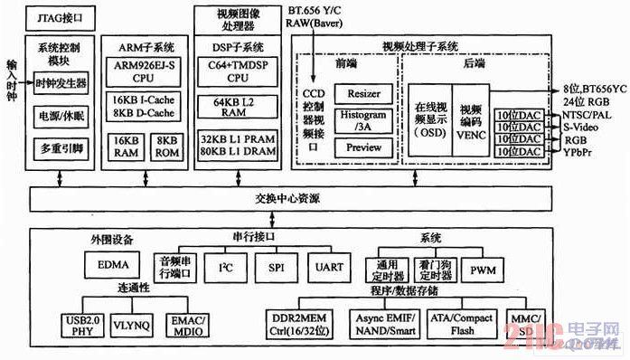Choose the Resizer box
click(363, 94)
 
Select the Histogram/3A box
click(363, 120)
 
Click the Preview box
click(363, 147)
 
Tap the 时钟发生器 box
click(61, 83)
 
